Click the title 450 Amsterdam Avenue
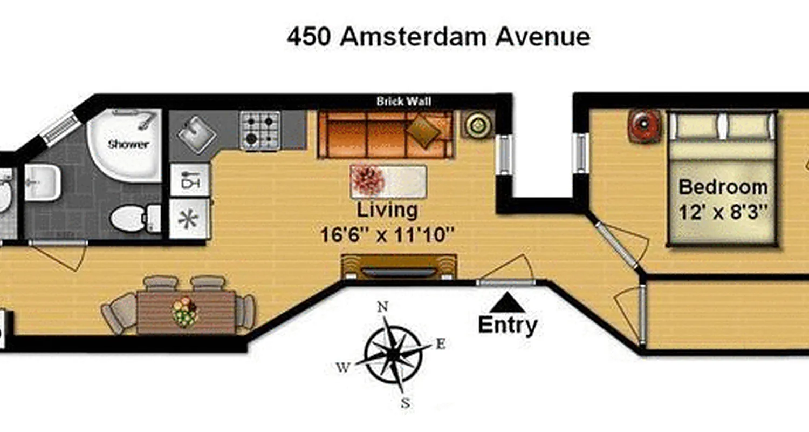pos(438,37)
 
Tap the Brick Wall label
pos(403,101)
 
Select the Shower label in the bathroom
pos(128,144)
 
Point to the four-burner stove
pos(260,130)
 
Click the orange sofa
pos(385,134)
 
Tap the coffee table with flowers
pos(388,181)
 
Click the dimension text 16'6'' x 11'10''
pos(387,235)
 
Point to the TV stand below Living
pos(399,267)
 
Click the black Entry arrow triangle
pos(508,303)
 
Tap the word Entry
pos(508,325)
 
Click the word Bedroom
pos(723,187)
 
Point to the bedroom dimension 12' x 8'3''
pos(723,212)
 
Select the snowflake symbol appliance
pos(189,218)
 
